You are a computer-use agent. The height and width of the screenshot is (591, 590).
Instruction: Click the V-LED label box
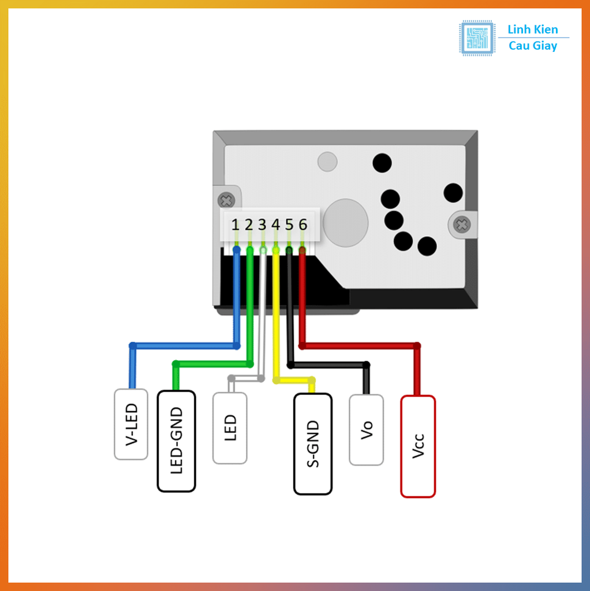131,424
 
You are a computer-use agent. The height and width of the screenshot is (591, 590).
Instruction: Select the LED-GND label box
177,441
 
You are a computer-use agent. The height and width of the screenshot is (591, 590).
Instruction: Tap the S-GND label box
313,444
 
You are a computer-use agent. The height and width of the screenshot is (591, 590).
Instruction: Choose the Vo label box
367,430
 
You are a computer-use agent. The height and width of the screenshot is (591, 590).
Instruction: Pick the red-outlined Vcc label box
418,446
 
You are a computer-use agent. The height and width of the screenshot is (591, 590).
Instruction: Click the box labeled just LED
230,428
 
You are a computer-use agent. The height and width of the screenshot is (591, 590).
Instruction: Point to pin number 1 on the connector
236,225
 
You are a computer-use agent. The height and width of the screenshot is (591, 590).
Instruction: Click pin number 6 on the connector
303,225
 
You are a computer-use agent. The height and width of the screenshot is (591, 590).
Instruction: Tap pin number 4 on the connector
275,225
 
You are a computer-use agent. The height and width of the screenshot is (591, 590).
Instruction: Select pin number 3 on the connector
262,225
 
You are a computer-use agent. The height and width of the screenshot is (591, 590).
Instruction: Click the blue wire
185,346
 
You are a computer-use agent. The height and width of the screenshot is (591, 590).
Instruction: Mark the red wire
358,346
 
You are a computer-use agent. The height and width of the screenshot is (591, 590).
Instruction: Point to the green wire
214,364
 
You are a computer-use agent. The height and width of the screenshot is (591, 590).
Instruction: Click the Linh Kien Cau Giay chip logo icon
477,38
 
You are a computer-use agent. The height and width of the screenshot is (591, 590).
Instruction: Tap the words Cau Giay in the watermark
533,46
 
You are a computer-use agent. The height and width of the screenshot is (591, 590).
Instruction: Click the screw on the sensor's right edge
462,224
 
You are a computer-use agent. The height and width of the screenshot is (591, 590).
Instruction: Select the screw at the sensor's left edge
226,200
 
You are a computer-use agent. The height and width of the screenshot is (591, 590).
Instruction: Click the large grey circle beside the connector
345,223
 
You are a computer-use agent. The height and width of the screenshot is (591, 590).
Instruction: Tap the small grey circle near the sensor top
327,162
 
